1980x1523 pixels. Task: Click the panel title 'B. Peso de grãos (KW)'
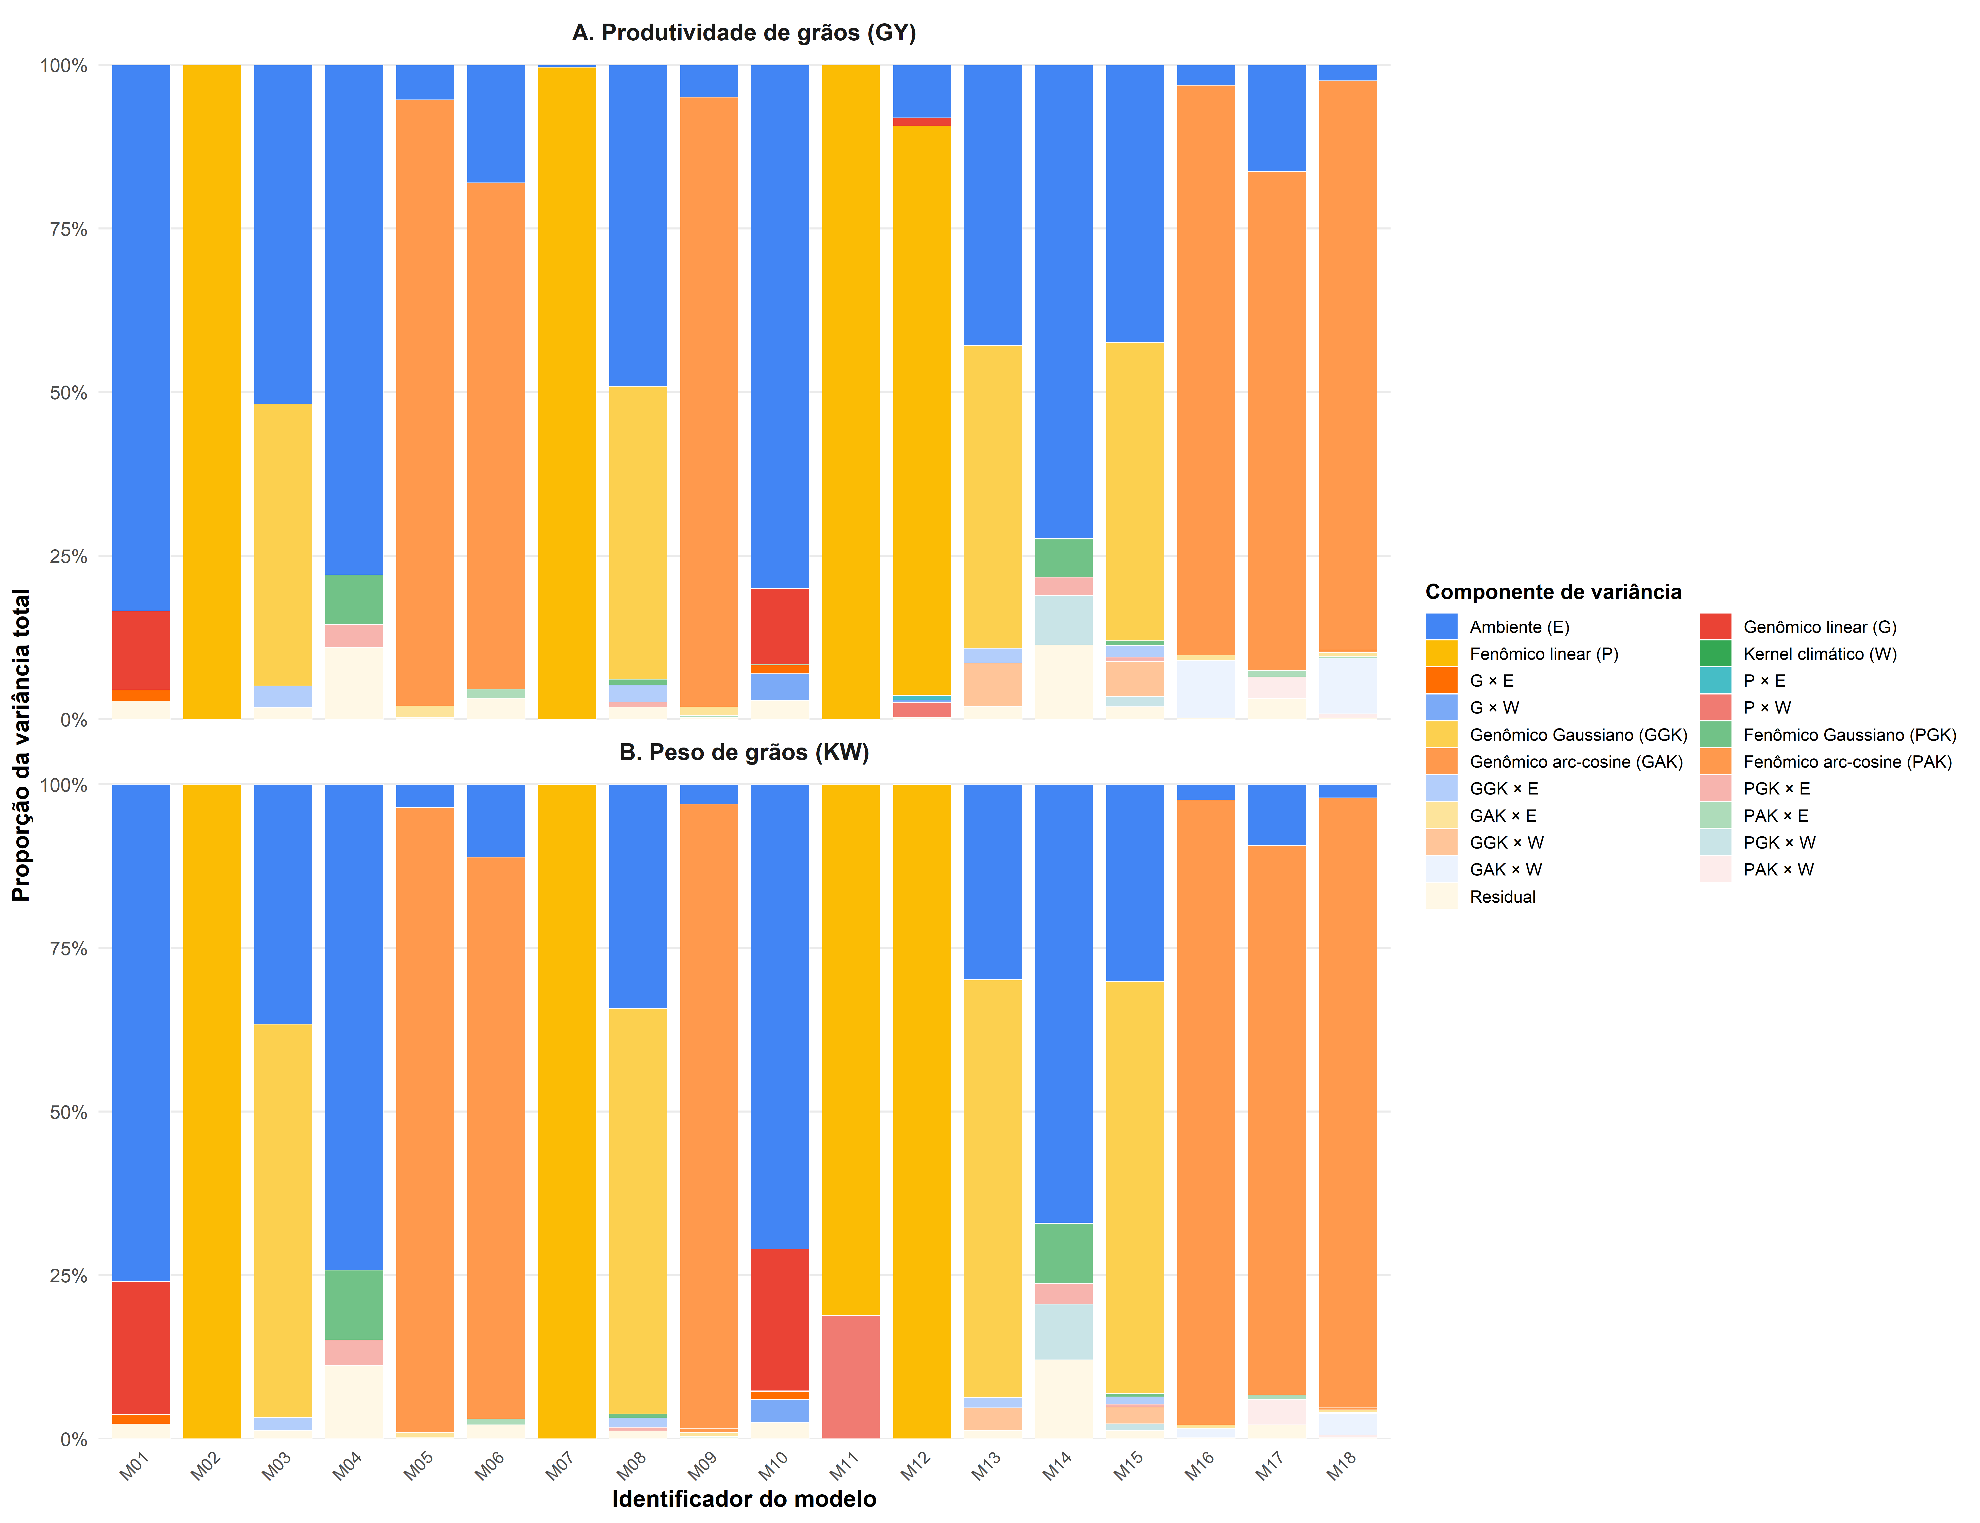(x=744, y=752)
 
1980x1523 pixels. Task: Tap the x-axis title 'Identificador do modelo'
(x=744, y=1499)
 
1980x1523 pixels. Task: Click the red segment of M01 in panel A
(x=141, y=650)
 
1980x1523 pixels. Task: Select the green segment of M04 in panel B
(x=354, y=1304)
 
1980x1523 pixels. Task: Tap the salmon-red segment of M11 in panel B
(x=850, y=1376)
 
